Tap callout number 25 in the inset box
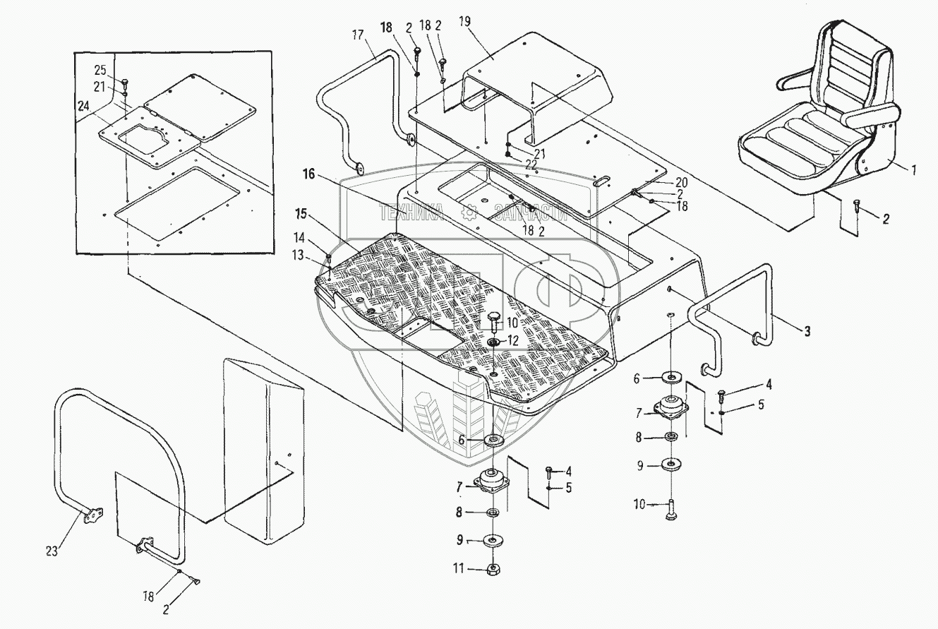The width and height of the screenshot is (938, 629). click(99, 71)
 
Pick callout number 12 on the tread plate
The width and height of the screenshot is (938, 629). click(513, 340)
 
